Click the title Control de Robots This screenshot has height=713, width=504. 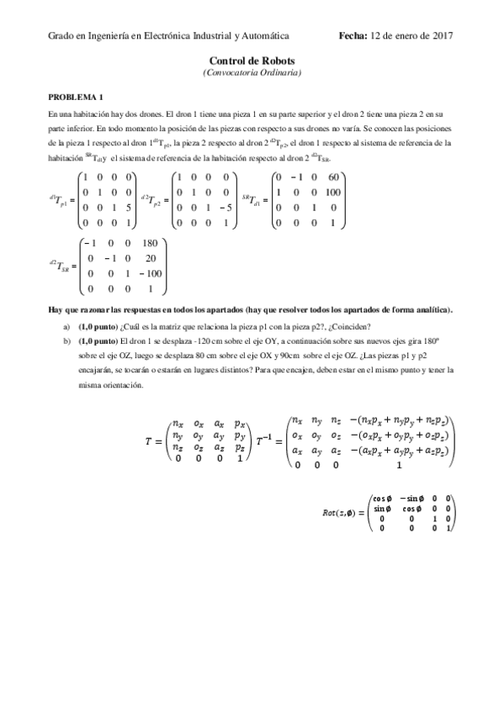[x=252, y=61]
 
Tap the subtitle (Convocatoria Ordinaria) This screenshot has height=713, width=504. [x=252, y=72]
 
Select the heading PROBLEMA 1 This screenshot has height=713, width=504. [x=76, y=97]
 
